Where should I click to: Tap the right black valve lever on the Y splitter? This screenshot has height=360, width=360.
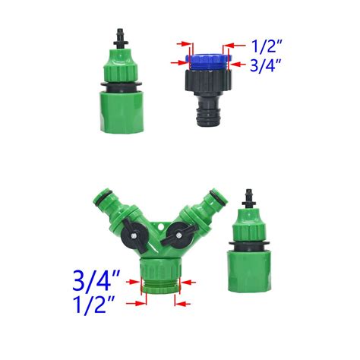coord(182,238)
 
